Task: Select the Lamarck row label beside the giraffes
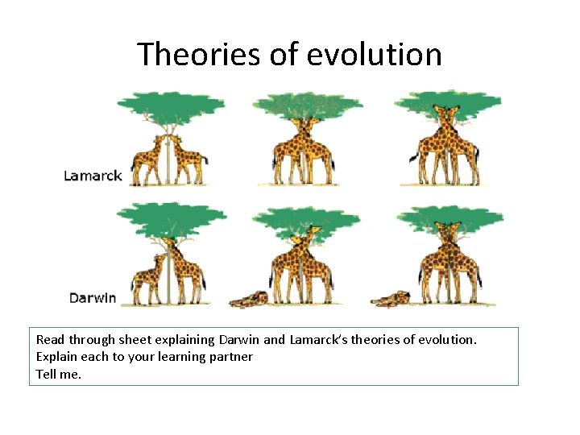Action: point(93,176)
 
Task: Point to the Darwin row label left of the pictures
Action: point(92,298)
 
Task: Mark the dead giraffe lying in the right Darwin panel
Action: point(390,299)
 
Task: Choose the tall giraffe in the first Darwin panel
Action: point(184,270)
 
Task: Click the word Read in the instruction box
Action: point(50,340)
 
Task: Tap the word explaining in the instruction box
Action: point(186,340)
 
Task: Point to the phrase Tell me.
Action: point(59,374)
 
